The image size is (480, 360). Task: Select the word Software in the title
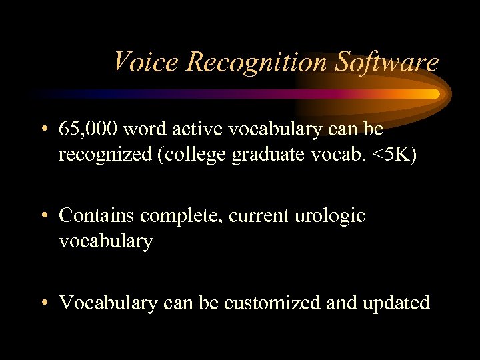pyautogui.click(x=387, y=62)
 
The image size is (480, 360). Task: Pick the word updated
pyautogui.click(x=395, y=303)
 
